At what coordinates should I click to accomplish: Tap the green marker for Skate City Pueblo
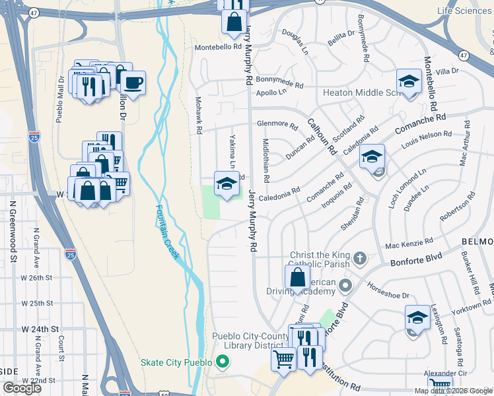[x=222, y=362]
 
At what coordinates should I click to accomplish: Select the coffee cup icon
[x=133, y=83]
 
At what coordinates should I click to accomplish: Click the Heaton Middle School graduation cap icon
[x=409, y=82]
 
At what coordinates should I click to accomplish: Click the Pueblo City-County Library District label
[x=252, y=341]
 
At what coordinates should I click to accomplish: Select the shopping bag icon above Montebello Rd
[x=234, y=22]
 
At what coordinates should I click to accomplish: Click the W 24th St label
[x=40, y=328]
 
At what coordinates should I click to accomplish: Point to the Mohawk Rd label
[x=197, y=115]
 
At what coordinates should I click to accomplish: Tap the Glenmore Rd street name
[x=277, y=123]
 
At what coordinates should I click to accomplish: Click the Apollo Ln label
[x=270, y=93]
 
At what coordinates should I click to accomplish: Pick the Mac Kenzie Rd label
[x=409, y=243]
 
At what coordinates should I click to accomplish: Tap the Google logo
[x=22, y=387]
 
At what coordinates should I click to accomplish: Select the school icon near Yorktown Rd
[x=417, y=317]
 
